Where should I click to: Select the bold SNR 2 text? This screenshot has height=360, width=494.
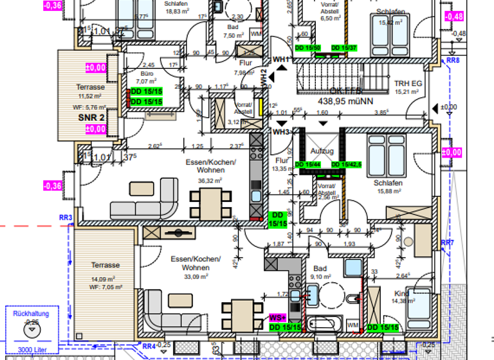[91, 118]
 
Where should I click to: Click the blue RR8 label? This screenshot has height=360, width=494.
[453, 60]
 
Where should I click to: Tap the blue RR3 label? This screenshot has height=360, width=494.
[65, 219]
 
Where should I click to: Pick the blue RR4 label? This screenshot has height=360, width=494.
[149, 346]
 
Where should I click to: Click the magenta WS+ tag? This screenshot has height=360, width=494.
[276, 318]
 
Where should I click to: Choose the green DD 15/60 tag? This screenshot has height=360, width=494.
[307, 48]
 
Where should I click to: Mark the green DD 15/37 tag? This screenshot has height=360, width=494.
[344, 48]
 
